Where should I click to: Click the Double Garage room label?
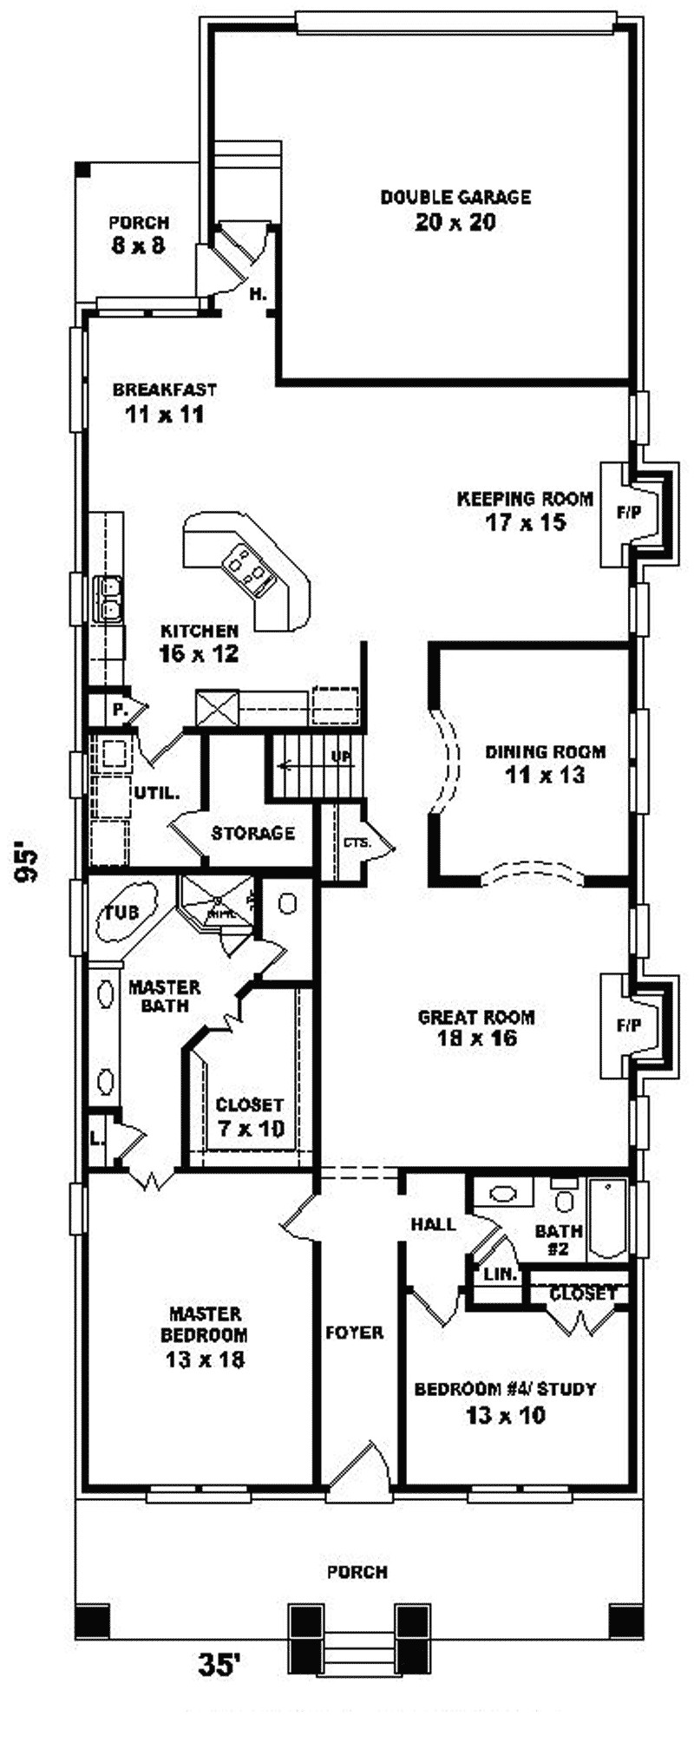(x=455, y=198)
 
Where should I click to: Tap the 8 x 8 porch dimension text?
(x=138, y=246)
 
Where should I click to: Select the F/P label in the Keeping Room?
(x=629, y=513)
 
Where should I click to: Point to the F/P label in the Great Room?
(x=629, y=1025)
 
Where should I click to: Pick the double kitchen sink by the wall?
(x=110, y=600)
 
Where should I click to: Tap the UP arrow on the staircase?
(x=312, y=763)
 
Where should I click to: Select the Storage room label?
(x=253, y=833)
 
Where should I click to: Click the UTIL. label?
(x=157, y=792)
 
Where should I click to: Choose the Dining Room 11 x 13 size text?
(x=545, y=775)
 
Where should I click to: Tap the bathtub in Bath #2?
(x=607, y=1219)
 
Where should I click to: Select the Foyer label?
(x=355, y=1332)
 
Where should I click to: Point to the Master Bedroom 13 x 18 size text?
(x=205, y=1360)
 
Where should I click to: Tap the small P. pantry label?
(x=117, y=710)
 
